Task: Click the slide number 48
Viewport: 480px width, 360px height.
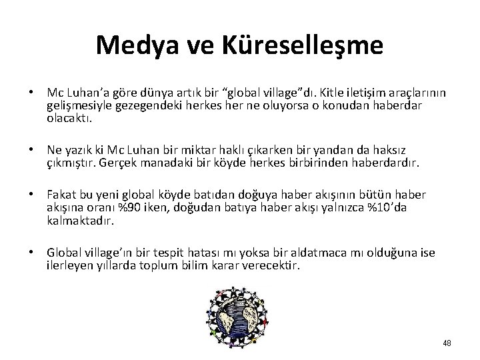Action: click(x=446, y=343)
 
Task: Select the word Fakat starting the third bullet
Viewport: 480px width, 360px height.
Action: click(x=60, y=195)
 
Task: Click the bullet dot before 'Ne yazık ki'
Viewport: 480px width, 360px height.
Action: click(x=31, y=151)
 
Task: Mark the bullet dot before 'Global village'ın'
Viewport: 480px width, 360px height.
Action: click(x=31, y=254)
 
